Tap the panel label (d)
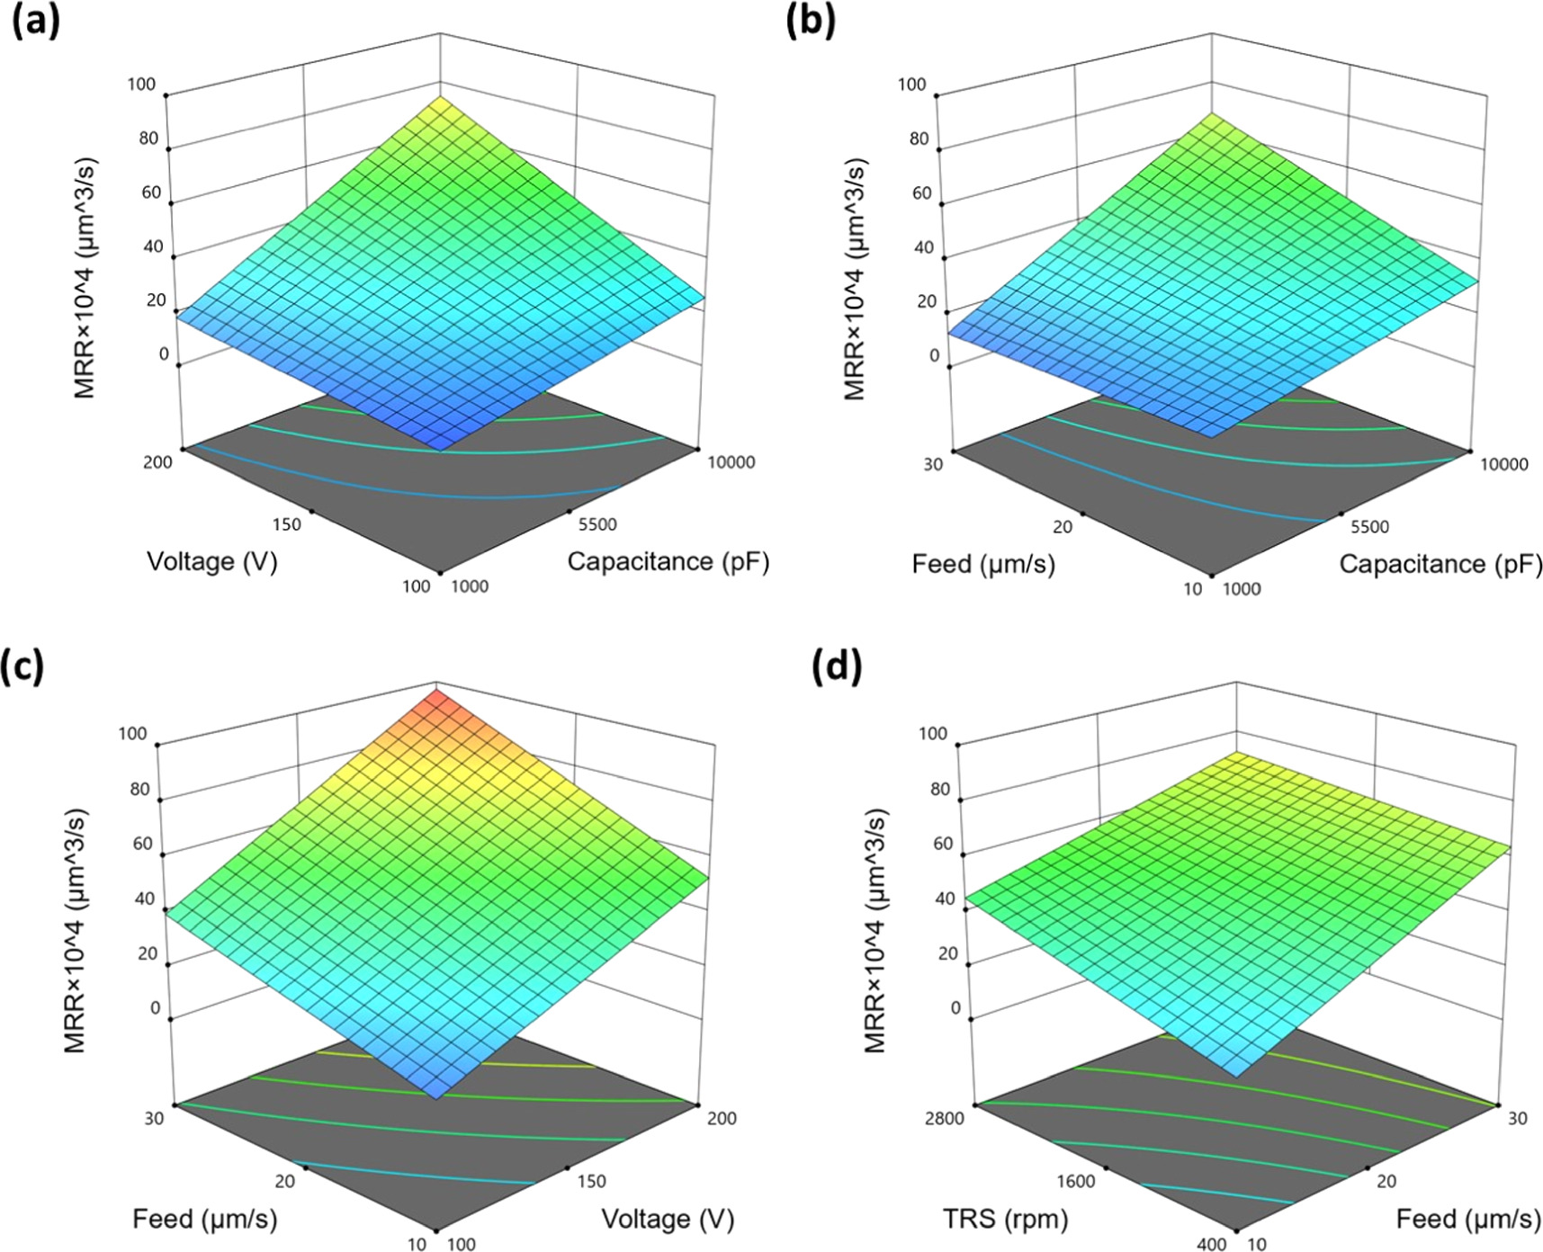[x=836, y=666]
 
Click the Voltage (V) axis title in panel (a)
[x=212, y=562]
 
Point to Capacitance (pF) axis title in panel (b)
[x=1440, y=564]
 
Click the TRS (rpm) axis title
[x=1005, y=1219]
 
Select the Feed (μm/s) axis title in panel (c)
[x=205, y=1219]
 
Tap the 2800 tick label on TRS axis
[x=943, y=1118]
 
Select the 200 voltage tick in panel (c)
[x=722, y=1118]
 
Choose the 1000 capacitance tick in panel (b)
[x=1242, y=589]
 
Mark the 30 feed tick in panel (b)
[x=933, y=464]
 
